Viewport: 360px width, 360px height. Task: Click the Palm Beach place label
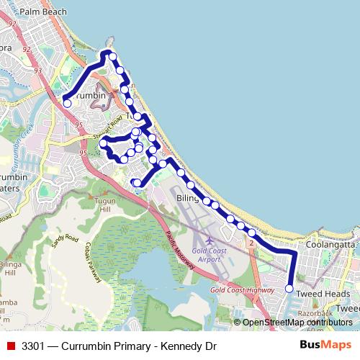[x=43, y=12]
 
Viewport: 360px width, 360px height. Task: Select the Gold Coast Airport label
[x=209, y=253]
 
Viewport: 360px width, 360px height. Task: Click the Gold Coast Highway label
[x=238, y=289]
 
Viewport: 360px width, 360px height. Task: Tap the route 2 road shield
[x=251, y=243]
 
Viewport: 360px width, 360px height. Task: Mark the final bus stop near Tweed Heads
[x=289, y=288]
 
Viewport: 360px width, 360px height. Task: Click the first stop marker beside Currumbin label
[x=67, y=103]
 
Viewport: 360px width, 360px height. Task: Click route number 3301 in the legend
[x=34, y=346]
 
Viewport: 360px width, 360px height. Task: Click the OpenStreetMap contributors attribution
[x=301, y=323]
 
